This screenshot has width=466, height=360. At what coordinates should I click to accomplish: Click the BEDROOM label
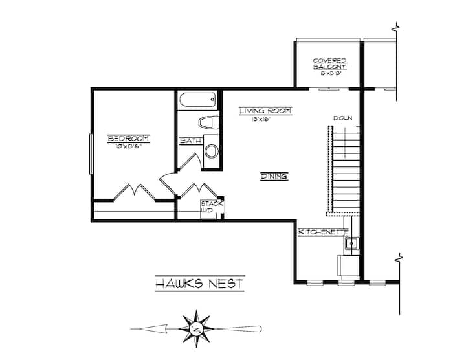click(128, 139)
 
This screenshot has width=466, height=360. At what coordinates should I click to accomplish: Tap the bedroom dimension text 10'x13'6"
click(128, 146)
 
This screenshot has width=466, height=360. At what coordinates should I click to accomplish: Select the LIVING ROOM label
click(265, 111)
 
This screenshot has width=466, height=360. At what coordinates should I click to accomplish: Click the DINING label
click(274, 176)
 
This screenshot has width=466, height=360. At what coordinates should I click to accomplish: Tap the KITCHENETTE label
click(323, 232)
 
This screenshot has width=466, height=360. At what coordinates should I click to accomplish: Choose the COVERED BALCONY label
click(329, 63)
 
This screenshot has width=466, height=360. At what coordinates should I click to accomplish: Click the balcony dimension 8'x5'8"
click(329, 73)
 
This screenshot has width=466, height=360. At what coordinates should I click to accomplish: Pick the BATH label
click(190, 141)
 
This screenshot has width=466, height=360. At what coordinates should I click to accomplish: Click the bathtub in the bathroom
click(197, 100)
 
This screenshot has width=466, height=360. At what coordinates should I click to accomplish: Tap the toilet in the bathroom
click(208, 122)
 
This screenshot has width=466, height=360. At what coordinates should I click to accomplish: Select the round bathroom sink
click(211, 151)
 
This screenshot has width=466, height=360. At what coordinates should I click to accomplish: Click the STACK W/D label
click(212, 207)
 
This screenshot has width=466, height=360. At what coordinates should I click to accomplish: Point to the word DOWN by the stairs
click(342, 118)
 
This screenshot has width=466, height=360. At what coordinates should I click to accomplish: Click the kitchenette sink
click(351, 243)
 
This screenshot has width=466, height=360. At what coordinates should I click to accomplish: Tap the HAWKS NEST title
click(200, 284)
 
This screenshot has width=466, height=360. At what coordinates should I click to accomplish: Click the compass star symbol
click(196, 328)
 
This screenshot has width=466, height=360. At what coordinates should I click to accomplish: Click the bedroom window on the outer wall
click(91, 153)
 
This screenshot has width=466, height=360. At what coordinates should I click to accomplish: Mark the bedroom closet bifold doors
click(135, 192)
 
